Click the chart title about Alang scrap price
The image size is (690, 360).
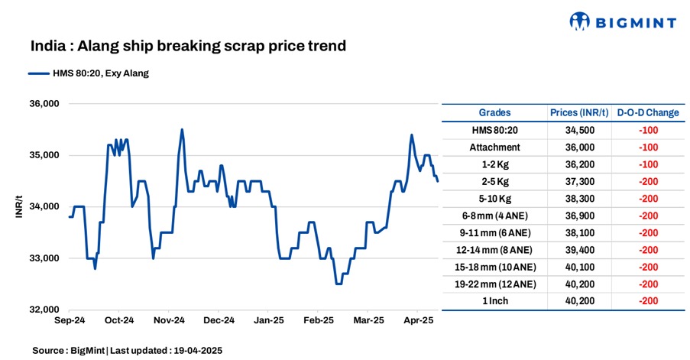pos(189,47)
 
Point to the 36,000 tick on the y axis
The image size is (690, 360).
pos(44,104)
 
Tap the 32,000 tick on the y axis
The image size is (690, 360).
pos(44,310)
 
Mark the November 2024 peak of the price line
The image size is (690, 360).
pos(182,129)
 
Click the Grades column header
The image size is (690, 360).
pos(494,112)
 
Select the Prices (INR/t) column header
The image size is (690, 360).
pos(578,112)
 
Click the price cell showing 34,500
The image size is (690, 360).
pos(578,130)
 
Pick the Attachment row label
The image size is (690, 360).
pos(494,147)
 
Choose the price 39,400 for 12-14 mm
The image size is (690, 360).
pos(578,249)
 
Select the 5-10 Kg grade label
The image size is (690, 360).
pos(494,198)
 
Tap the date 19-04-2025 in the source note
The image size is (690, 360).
pos(196,349)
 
